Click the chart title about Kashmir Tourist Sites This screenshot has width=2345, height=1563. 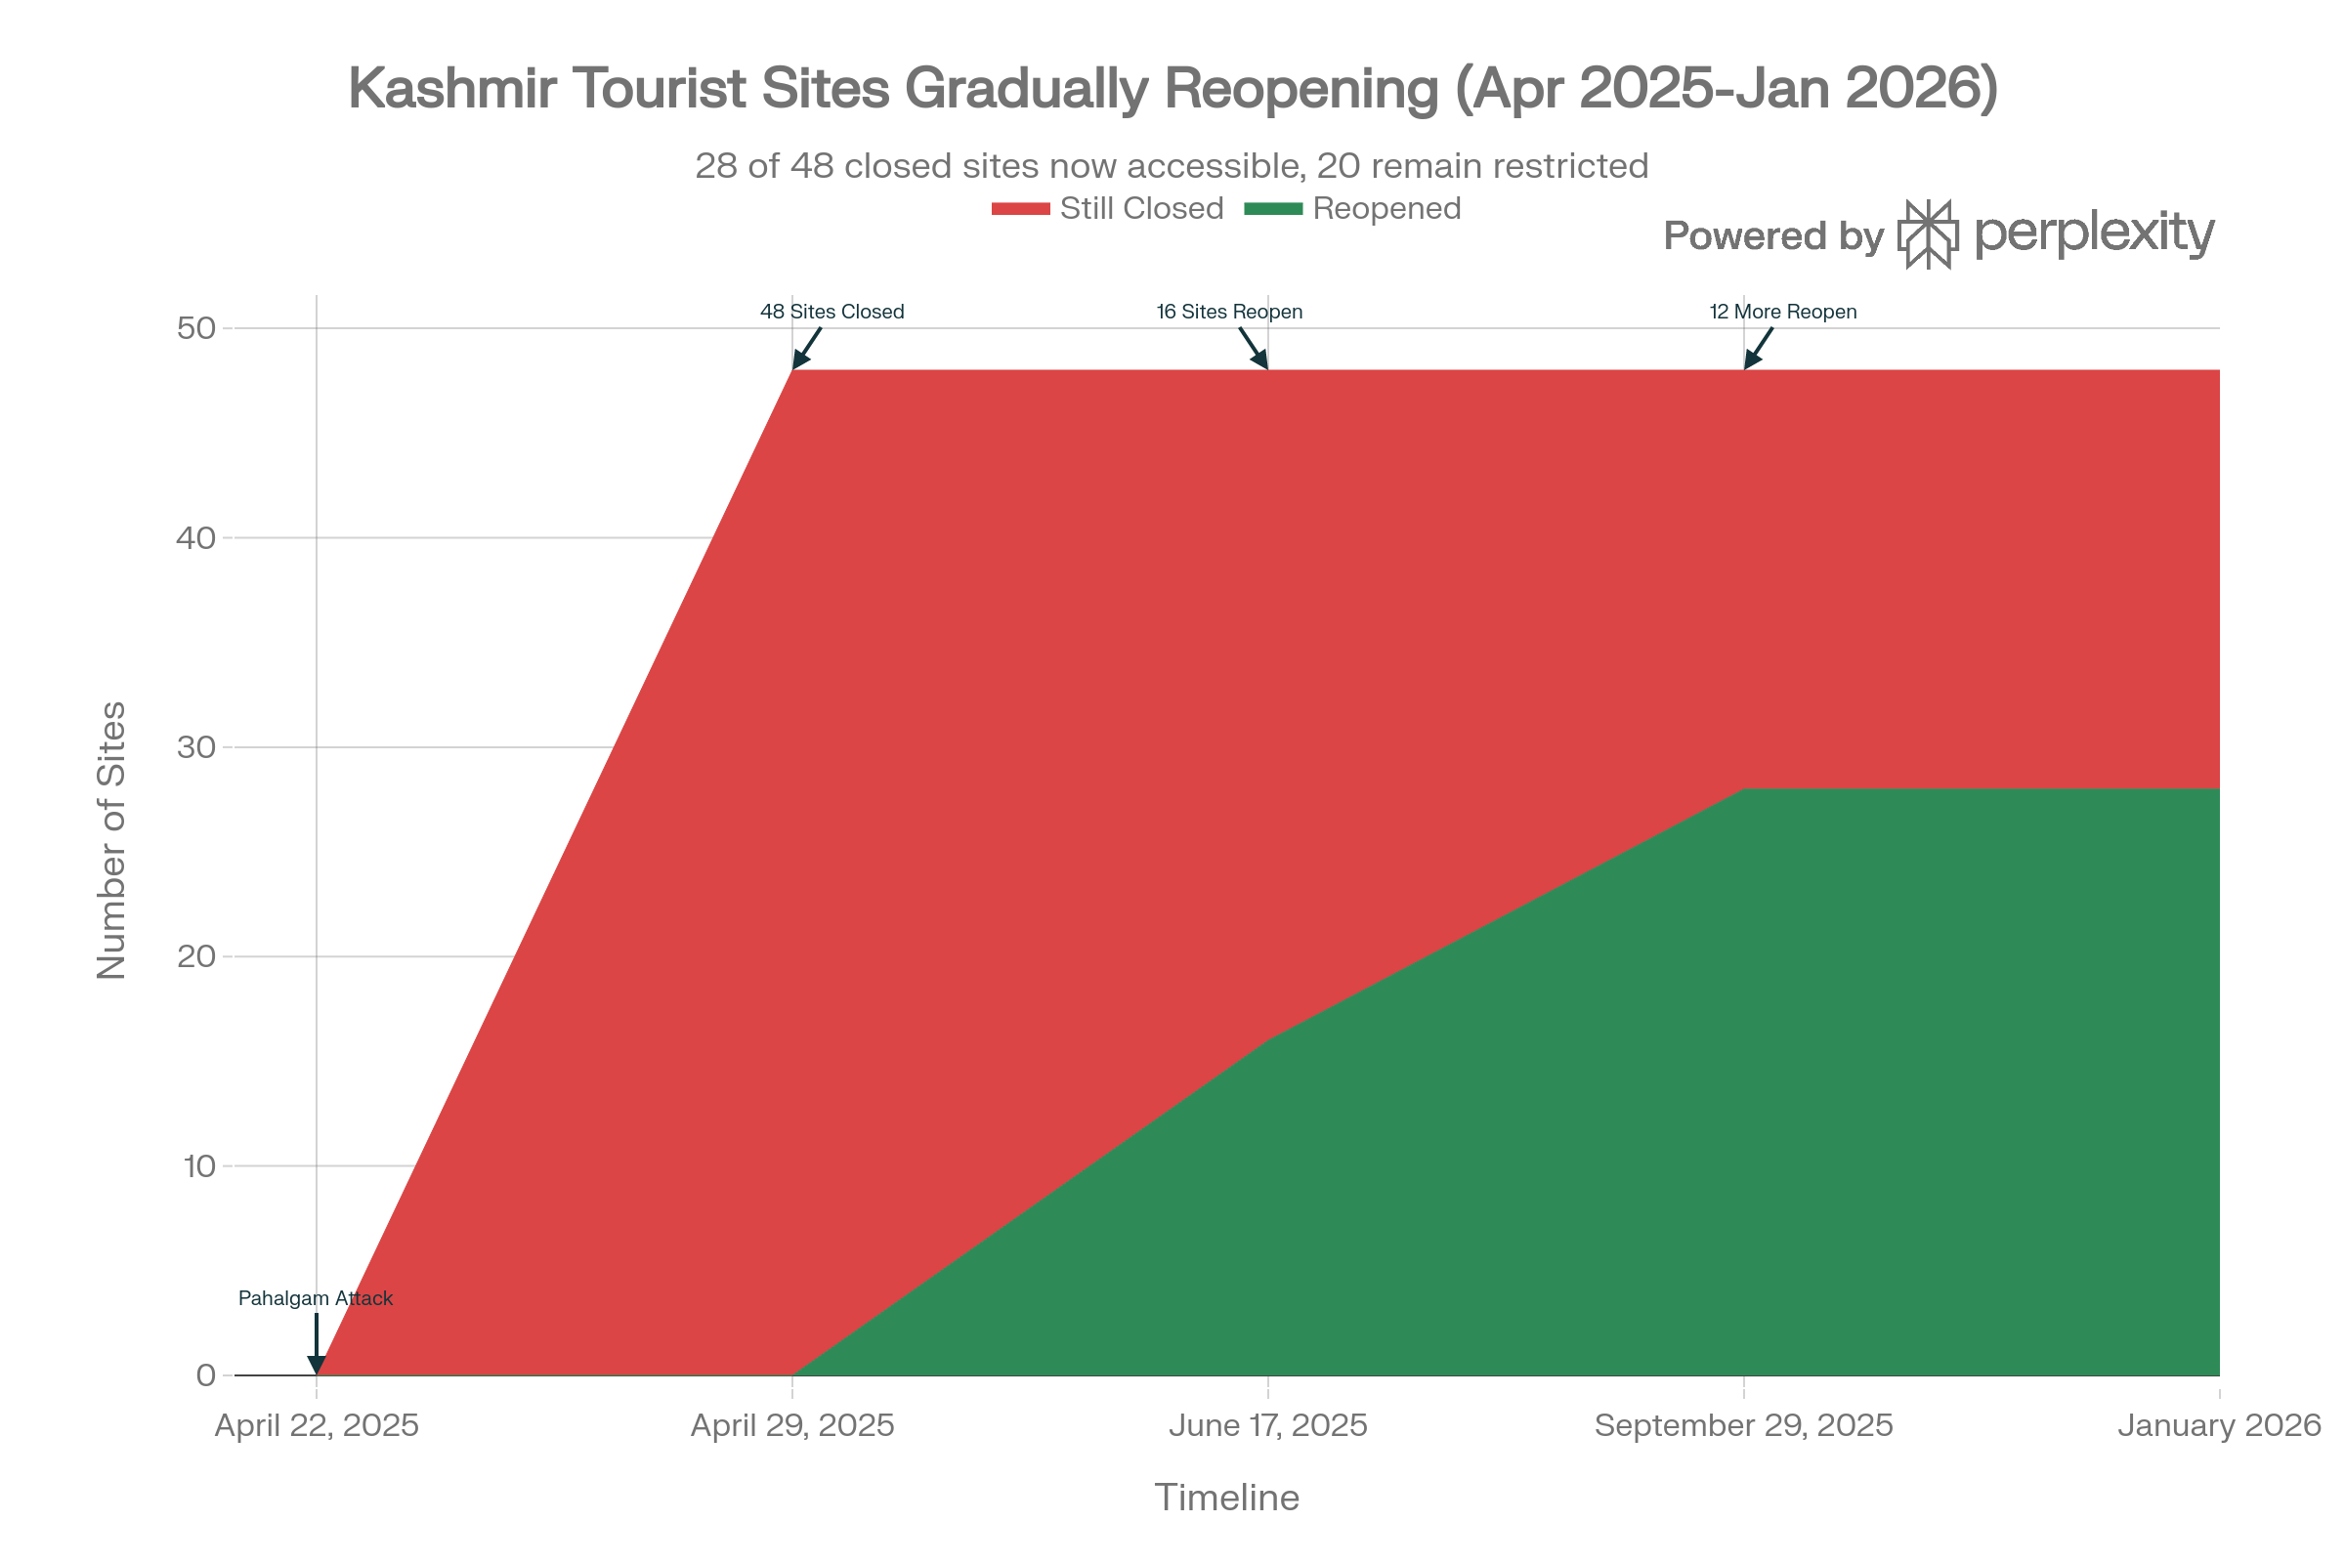pyautogui.click(x=1172, y=88)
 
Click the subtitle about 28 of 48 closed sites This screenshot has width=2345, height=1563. pyautogui.click(x=1172, y=165)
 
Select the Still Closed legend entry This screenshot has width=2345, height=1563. pyautogui.click(x=1108, y=208)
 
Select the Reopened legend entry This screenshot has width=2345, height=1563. pyautogui.click(x=1353, y=208)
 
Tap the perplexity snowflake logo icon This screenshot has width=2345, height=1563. pyautogui.click(x=1927, y=234)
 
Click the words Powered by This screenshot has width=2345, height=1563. pyautogui.click(x=1773, y=236)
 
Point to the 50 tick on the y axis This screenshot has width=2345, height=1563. pyautogui.click(x=197, y=328)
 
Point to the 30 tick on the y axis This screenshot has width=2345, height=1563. pyautogui.click(x=197, y=746)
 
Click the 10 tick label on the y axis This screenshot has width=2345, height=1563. pyautogui.click(x=198, y=1165)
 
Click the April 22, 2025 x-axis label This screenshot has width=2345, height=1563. pyautogui.click(x=317, y=1425)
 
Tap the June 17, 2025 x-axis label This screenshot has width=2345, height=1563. pyautogui.click(x=1267, y=1425)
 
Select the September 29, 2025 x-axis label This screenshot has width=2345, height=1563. pyautogui.click(x=1743, y=1425)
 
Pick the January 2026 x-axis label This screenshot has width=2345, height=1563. pyautogui.click(x=2219, y=1425)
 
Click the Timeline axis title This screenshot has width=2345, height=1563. pyautogui.click(x=1226, y=1499)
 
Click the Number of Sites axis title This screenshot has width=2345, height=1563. pyautogui.click(x=111, y=840)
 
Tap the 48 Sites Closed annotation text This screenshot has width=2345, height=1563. pyautogui.click(x=831, y=312)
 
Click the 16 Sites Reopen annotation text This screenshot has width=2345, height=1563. pyautogui.click(x=1228, y=312)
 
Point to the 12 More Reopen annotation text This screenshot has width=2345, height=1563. pyautogui.click(x=1781, y=312)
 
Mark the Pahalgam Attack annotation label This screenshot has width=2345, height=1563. pyautogui.click(x=315, y=1299)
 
